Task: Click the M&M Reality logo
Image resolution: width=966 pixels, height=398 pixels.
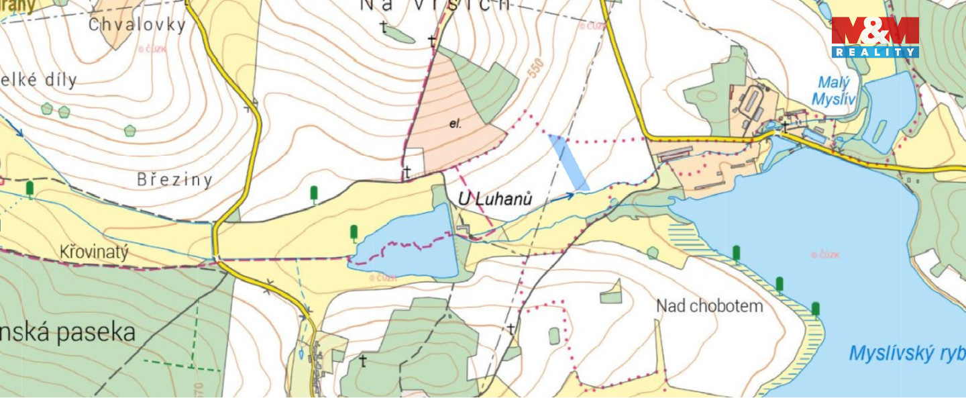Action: coord(875,37)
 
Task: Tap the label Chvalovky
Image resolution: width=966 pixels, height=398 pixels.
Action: coord(137,26)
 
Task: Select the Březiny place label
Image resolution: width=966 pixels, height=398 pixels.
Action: coord(174,180)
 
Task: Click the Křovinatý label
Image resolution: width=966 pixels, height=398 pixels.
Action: coord(93,252)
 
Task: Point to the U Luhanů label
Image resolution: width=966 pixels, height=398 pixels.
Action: coord(496,199)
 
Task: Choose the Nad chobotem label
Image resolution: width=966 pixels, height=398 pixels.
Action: coord(709,306)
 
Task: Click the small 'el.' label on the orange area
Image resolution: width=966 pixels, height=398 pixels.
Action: coord(455,124)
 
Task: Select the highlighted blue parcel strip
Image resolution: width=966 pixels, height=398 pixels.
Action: coord(569,162)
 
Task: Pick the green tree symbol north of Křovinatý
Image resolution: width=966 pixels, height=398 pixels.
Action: coord(30,189)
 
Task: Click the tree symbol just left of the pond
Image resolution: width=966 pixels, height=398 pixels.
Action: coord(354,233)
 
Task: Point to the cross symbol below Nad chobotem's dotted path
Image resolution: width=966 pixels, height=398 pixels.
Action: coord(511,328)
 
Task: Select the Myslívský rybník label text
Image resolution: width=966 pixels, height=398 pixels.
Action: coord(906,353)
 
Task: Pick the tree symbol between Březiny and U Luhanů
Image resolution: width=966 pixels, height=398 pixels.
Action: coord(313,194)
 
